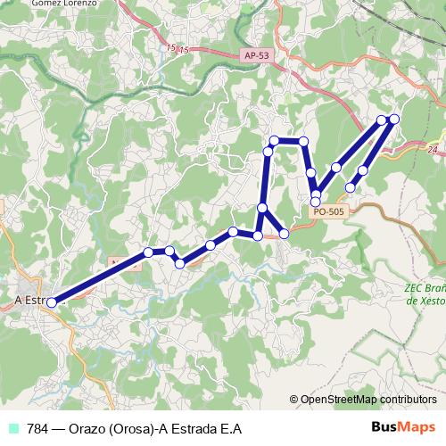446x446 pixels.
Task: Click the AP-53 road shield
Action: (x=255, y=55)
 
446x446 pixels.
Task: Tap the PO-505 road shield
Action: (x=328, y=211)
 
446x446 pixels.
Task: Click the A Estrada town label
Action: (x=32, y=301)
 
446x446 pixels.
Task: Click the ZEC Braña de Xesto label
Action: (x=424, y=295)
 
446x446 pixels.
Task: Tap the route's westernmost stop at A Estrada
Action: (x=52, y=302)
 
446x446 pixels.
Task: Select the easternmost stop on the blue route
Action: (x=394, y=119)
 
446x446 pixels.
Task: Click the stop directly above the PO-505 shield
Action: (x=316, y=202)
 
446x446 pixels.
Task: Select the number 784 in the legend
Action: (x=38, y=429)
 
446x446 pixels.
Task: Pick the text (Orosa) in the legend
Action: (x=133, y=429)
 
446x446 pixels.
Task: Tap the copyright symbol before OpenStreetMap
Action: (x=293, y=399)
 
